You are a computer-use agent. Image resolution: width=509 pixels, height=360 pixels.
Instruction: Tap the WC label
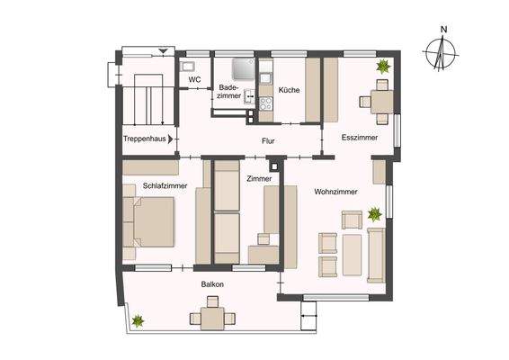coord(193,80)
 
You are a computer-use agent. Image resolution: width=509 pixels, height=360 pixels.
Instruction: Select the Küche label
coord(289,91)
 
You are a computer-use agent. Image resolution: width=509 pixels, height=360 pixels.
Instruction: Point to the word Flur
coord(268,141)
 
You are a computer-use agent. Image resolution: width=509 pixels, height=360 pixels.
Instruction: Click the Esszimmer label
coord(359,138)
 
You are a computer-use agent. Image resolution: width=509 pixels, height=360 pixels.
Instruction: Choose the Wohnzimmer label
coord(336,192)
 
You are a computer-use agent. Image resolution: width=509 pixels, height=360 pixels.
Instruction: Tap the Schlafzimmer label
coord(165,185)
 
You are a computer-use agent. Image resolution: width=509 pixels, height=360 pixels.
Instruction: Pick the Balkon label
coord(213,284)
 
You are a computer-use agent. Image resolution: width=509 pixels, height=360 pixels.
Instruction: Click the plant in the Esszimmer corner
coord(383,66)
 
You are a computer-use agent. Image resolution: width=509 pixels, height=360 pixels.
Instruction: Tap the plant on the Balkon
coord(138,319)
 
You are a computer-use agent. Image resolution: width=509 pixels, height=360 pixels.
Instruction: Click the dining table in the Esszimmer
coord(381,101)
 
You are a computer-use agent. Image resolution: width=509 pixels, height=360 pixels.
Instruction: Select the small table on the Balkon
coord(213,318)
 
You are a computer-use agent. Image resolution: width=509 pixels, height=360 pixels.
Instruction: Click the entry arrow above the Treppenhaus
coord(162,51)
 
